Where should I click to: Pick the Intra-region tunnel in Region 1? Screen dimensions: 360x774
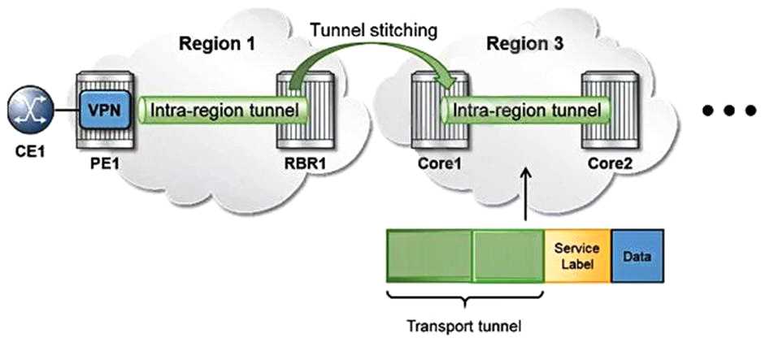[220, 109]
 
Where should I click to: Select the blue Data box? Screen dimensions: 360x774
[636, 254]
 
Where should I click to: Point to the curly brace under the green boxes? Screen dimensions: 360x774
[464, 297]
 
